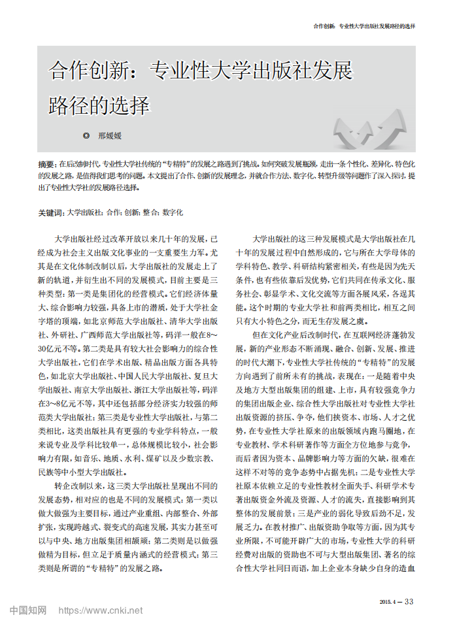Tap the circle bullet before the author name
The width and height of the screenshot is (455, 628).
point(86,136)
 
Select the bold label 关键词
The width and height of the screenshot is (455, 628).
point(51,212)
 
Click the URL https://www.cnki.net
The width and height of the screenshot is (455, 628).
point(101,610)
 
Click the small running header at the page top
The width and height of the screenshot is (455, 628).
point(364,26)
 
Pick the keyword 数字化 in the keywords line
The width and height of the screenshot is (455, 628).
point(173,212)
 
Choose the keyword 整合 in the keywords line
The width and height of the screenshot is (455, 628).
point(150,212)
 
